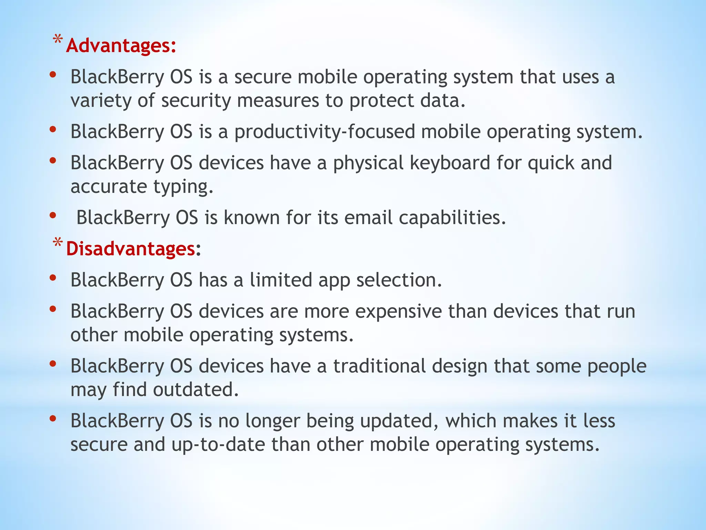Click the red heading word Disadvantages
131,249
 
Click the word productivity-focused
324,132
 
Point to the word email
368,218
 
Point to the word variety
101,101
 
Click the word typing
183,187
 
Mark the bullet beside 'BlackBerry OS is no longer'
53,419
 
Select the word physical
368,163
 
